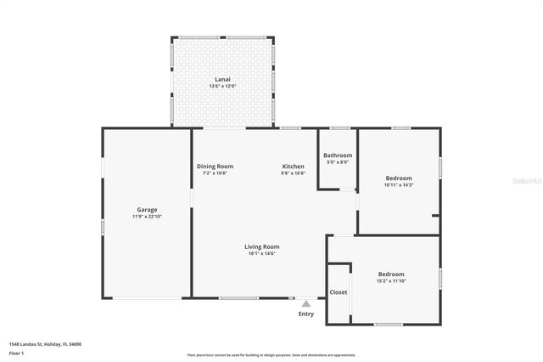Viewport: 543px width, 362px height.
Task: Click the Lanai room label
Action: [223, 79]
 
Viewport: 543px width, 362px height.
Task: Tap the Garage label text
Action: [148, 209]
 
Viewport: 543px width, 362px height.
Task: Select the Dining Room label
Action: [215, 166]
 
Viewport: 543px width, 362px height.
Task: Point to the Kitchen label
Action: [294, 166]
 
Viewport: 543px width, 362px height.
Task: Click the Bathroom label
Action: [338, 156]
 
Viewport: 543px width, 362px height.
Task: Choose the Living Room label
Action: [262, 246]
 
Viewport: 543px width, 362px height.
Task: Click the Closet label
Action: [339, 291]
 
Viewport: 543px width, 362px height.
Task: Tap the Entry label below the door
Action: [306, 314]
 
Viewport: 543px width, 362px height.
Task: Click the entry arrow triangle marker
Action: [306, 303]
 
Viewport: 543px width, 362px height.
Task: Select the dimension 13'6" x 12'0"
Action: [223, 86]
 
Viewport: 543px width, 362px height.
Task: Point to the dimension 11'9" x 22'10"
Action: [148, 217]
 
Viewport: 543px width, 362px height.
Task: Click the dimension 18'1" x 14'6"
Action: [262, 253]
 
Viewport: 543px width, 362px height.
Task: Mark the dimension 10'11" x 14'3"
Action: [398, 184]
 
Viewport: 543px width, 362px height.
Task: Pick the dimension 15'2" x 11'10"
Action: [391, 281]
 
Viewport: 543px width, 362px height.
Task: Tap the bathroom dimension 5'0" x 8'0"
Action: [338, 162]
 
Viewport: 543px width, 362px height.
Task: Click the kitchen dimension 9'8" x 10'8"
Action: [294, 173]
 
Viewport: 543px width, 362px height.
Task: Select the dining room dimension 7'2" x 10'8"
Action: [215, 173]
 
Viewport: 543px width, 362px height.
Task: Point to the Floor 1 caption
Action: [16, 352]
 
